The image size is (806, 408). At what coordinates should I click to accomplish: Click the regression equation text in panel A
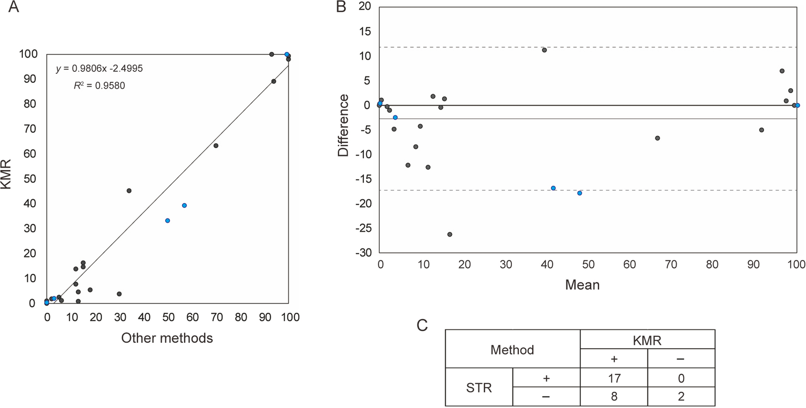tap(100, 69)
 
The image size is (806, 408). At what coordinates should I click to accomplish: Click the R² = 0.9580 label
tap(100, 86)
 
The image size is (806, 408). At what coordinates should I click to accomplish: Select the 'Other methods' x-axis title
tap(167, 338)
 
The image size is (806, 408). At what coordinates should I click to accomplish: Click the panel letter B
tap(341, 7)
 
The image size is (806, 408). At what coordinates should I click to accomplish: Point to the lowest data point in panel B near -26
tap(450, 235)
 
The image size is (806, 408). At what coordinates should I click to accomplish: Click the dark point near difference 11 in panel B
tap(545, 50)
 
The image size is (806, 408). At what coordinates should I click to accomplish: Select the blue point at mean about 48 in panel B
tap(580, 193)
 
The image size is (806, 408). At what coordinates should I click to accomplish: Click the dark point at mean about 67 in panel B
tap(657, 138)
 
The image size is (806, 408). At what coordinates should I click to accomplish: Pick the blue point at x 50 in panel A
tap(167, 221)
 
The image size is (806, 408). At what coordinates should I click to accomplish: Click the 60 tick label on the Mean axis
tap(629, 265)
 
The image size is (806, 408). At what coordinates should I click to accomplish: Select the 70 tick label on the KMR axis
tap(29, 129)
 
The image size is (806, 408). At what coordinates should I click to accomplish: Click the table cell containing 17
tap(614, 378)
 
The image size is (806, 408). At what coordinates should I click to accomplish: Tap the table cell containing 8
tap(614, 397)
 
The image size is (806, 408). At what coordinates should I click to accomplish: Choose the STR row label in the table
tap(479, 388)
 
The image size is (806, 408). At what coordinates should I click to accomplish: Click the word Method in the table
tap(512, 350)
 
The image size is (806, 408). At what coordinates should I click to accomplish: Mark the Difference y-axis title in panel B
tap(343, 125)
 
